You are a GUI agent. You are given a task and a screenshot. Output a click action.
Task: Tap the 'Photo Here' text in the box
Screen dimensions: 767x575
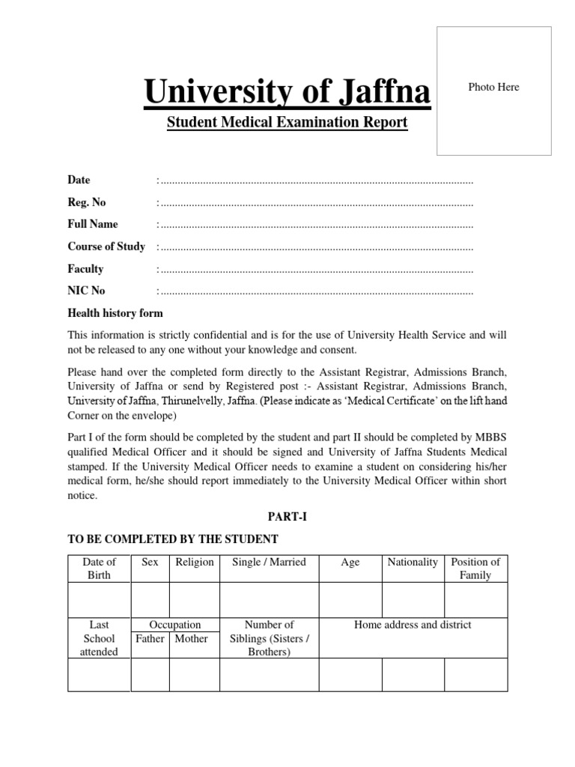(493, 87)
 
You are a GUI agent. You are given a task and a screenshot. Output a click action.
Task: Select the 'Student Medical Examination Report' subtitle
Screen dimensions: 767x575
(287, 122)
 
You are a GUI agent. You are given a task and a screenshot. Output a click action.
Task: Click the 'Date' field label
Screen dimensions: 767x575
(79, 180)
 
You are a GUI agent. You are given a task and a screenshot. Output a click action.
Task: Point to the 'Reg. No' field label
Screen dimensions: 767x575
(87, 202)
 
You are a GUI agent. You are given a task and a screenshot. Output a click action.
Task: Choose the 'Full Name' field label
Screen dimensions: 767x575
(93, 224)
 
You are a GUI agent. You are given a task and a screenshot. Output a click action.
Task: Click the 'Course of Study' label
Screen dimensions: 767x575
(106, 246)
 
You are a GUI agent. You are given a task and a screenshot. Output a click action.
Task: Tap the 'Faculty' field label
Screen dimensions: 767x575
(85, 269)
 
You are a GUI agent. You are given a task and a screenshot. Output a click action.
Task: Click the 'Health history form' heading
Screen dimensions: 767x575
(115, 313)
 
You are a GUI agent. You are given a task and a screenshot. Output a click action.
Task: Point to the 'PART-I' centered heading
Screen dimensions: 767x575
(287, 517)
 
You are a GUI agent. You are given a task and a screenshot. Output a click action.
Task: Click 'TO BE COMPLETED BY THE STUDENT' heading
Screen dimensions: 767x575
(173, 539)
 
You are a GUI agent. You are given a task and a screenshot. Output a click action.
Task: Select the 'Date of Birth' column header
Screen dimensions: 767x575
(99, 569)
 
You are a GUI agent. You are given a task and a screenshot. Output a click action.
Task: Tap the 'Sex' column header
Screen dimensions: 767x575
(150, 562)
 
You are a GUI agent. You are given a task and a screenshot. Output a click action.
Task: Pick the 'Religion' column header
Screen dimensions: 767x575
(194, 562)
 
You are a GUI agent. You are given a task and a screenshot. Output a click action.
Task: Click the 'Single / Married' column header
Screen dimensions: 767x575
(269, 562)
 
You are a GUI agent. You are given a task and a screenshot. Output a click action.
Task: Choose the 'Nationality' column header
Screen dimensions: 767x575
(413, 562)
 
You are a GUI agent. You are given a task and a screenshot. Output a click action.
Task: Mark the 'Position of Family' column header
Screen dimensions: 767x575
(475, 569)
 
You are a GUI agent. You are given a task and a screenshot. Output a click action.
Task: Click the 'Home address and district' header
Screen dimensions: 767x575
(413, 625)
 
